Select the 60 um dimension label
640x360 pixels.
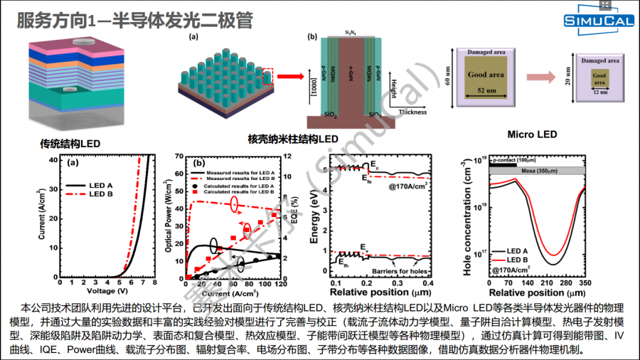pyautogui.click(x=449, y=73)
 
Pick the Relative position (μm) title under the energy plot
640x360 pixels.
pyautogui.click(x=377, y=292)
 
